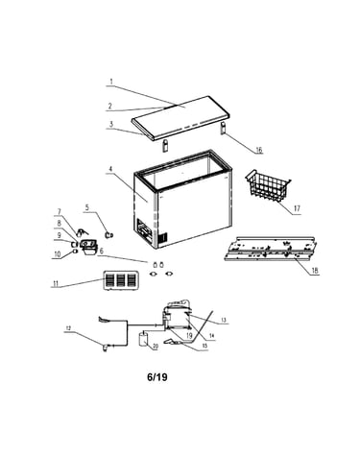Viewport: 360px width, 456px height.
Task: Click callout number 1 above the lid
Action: [111, 82]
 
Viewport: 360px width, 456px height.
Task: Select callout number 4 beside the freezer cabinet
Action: [110, 169]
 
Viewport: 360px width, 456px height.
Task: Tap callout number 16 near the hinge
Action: [258, 150]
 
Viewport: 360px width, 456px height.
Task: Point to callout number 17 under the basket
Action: [297, 208]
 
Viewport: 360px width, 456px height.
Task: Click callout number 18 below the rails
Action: [315, 271]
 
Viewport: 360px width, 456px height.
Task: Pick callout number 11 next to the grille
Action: [56, 283]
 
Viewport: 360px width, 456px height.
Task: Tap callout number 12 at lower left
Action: [68, 328]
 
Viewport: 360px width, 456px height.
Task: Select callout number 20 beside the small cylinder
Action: [156, 347]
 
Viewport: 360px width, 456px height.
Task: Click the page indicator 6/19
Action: [157, 377]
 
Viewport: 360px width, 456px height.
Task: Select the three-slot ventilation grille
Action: [120, 280]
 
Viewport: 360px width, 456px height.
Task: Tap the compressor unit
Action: [177, 315]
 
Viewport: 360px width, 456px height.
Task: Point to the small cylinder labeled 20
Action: [143, 339]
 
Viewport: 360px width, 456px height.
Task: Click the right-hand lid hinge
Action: [223, 128]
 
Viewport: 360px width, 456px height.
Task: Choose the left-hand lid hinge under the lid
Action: [165, 146]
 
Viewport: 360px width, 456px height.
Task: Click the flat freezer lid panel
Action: [180, 117]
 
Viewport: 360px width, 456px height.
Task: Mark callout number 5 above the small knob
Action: [86, 207]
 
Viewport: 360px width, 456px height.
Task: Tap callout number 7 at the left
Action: [59, 212]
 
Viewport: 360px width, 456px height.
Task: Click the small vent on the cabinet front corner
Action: [163, 238]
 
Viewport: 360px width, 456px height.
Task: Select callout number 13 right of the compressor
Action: [224, 320]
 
